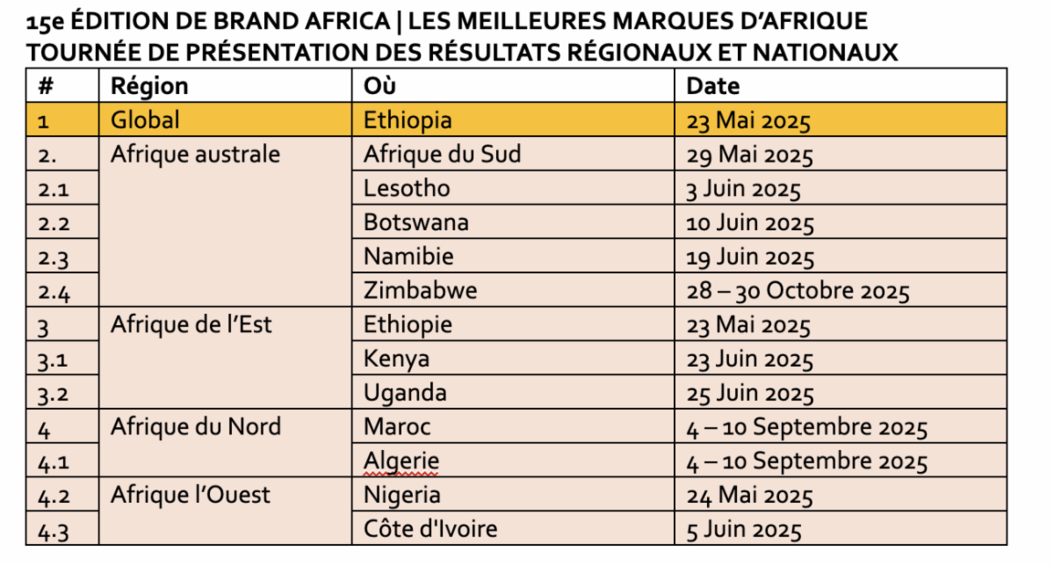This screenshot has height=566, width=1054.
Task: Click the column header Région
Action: click(x=149, y=86)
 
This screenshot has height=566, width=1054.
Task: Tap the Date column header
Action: click(x=712, y=86)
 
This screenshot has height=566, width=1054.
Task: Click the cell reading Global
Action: click(x=145, y=120)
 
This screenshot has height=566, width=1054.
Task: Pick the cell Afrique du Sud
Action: click(x=442, y=155)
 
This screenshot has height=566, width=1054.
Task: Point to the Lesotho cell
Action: click(x=407, y=189)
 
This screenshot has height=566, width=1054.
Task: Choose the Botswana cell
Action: click(x=416, y=223)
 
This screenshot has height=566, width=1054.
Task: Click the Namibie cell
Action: click(x=409, y=258)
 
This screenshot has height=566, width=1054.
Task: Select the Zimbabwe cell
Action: click(x=421, y=291)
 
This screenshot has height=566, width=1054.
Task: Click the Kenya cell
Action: click(x=397, y=359)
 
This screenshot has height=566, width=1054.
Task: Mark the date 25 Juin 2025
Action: click(x=750, y=394)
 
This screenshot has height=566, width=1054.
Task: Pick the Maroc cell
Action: click(x=398, y=428)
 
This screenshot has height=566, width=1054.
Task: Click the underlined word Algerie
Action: click(x=401, y=461)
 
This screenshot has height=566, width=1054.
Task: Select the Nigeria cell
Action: click(x=402, y=496)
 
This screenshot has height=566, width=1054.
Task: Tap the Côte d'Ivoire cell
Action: click(x=430, y=530)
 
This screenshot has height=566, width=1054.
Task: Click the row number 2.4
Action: click(x=54, y=292)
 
